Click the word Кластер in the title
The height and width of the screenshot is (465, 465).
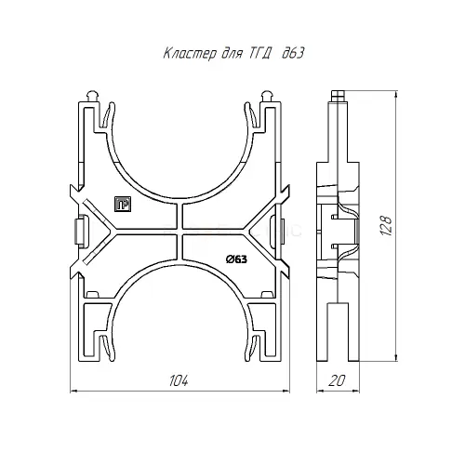tap(187, 55)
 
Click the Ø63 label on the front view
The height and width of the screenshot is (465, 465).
tap(235, 259)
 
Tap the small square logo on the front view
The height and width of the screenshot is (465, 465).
tap(120, 205)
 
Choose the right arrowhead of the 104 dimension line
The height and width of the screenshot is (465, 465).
tap(286, 392)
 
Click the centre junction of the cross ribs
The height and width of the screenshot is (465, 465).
tap(179, 232)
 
